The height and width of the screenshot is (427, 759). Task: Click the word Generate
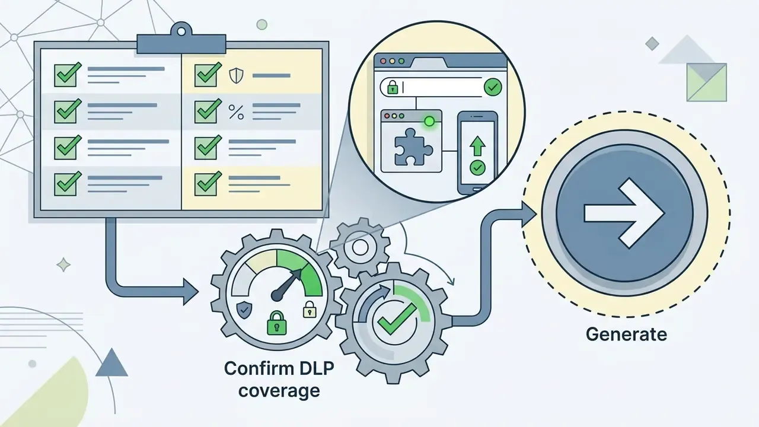coord(626,334)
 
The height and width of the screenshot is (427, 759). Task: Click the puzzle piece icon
coord(413,146)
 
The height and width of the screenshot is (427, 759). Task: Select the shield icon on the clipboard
coord(236,75)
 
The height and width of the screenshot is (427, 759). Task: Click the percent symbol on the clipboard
coord(236,112)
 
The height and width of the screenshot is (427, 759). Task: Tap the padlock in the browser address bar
coord(393,87)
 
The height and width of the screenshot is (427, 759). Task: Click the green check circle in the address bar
coord(493,87)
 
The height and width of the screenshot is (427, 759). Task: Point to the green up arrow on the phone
coord(477,146)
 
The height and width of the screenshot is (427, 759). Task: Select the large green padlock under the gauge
coord(276,323)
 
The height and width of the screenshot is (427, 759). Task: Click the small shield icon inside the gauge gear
coord(244,310)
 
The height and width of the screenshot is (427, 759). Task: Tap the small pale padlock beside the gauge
coord(310,309)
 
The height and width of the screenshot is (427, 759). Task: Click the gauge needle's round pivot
coord(277,295)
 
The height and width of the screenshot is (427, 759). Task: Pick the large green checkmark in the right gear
coord(397,318)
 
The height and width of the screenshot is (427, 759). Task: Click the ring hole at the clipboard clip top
coord(181,32)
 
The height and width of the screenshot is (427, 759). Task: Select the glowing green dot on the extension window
coord(429,121)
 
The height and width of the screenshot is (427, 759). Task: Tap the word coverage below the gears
coord(279,391)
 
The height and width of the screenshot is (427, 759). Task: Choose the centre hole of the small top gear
coord(360,248)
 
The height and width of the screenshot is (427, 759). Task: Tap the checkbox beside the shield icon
coord(206,75)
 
